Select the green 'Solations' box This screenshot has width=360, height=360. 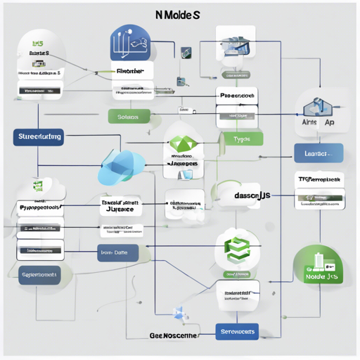(129, 117)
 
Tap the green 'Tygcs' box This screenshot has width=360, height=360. (241, 139)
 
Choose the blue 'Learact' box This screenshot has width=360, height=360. (318, 153)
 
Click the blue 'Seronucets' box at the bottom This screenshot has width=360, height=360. (236, 330)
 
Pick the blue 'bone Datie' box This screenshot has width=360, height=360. (117, 252)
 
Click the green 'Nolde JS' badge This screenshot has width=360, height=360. (318, 269)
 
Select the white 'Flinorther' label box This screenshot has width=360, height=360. (131, 71)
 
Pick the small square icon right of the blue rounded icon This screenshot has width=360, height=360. (187, 51)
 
